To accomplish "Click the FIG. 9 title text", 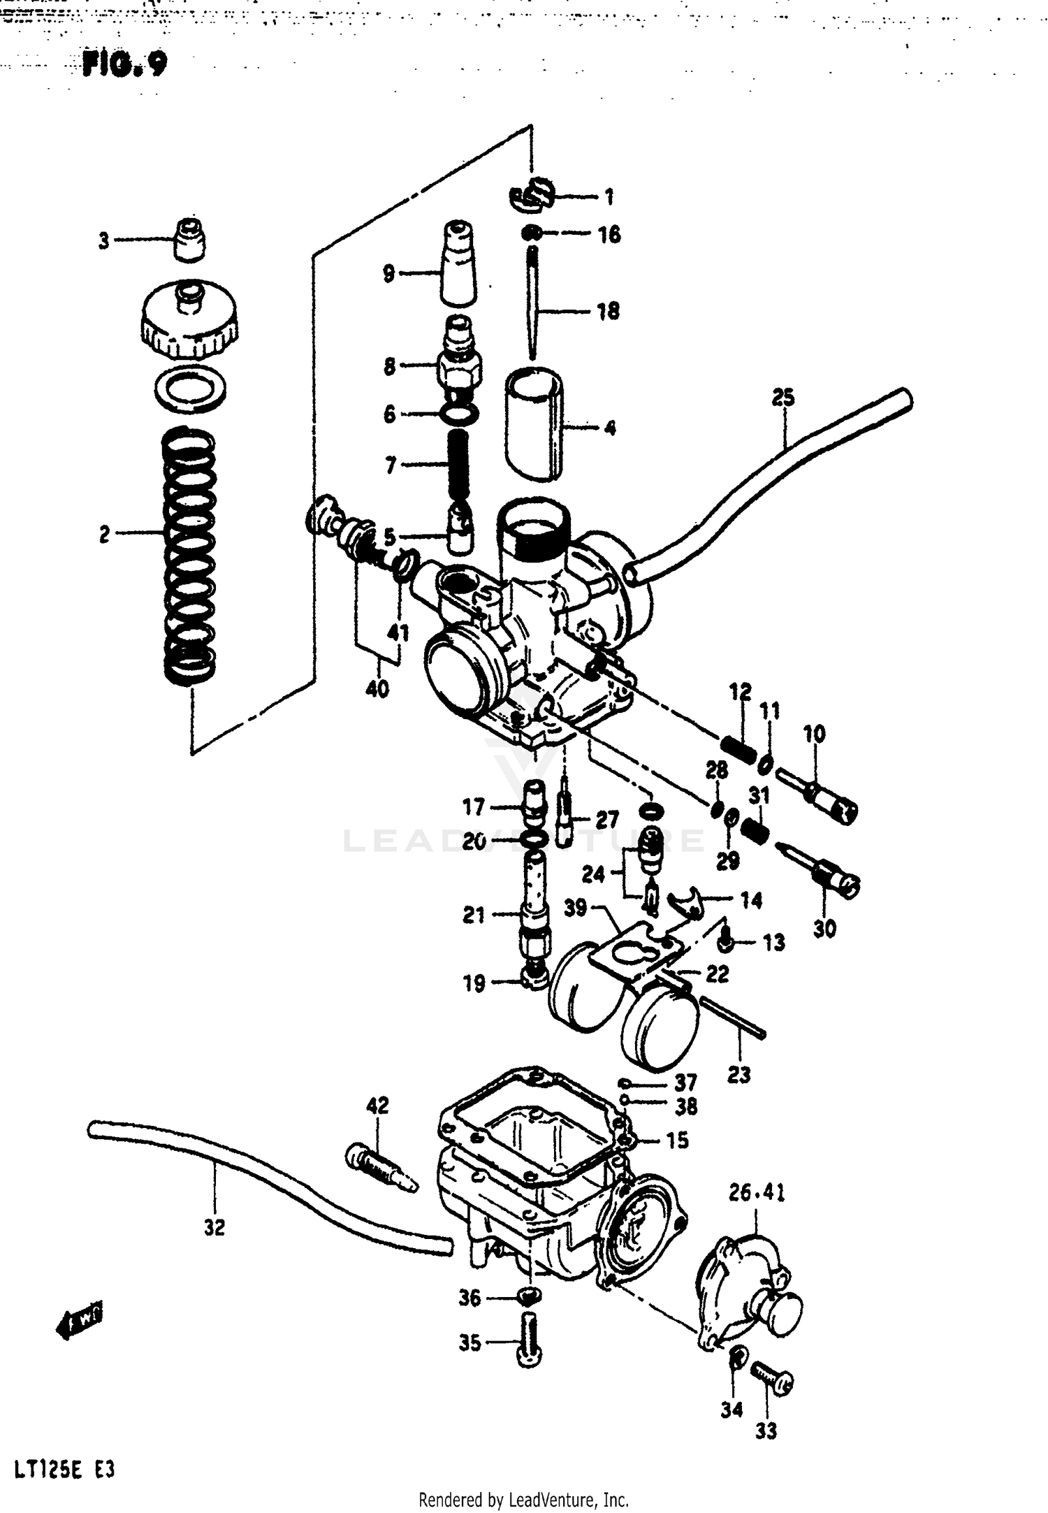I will click(124, 65).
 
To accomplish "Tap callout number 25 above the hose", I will click(783, 398).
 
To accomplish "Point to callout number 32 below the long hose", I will click(214, 1227).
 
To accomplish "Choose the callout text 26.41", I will click(757, 1192).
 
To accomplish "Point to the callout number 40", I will click(377, 689).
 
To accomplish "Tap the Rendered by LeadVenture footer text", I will click(523, 1499).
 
